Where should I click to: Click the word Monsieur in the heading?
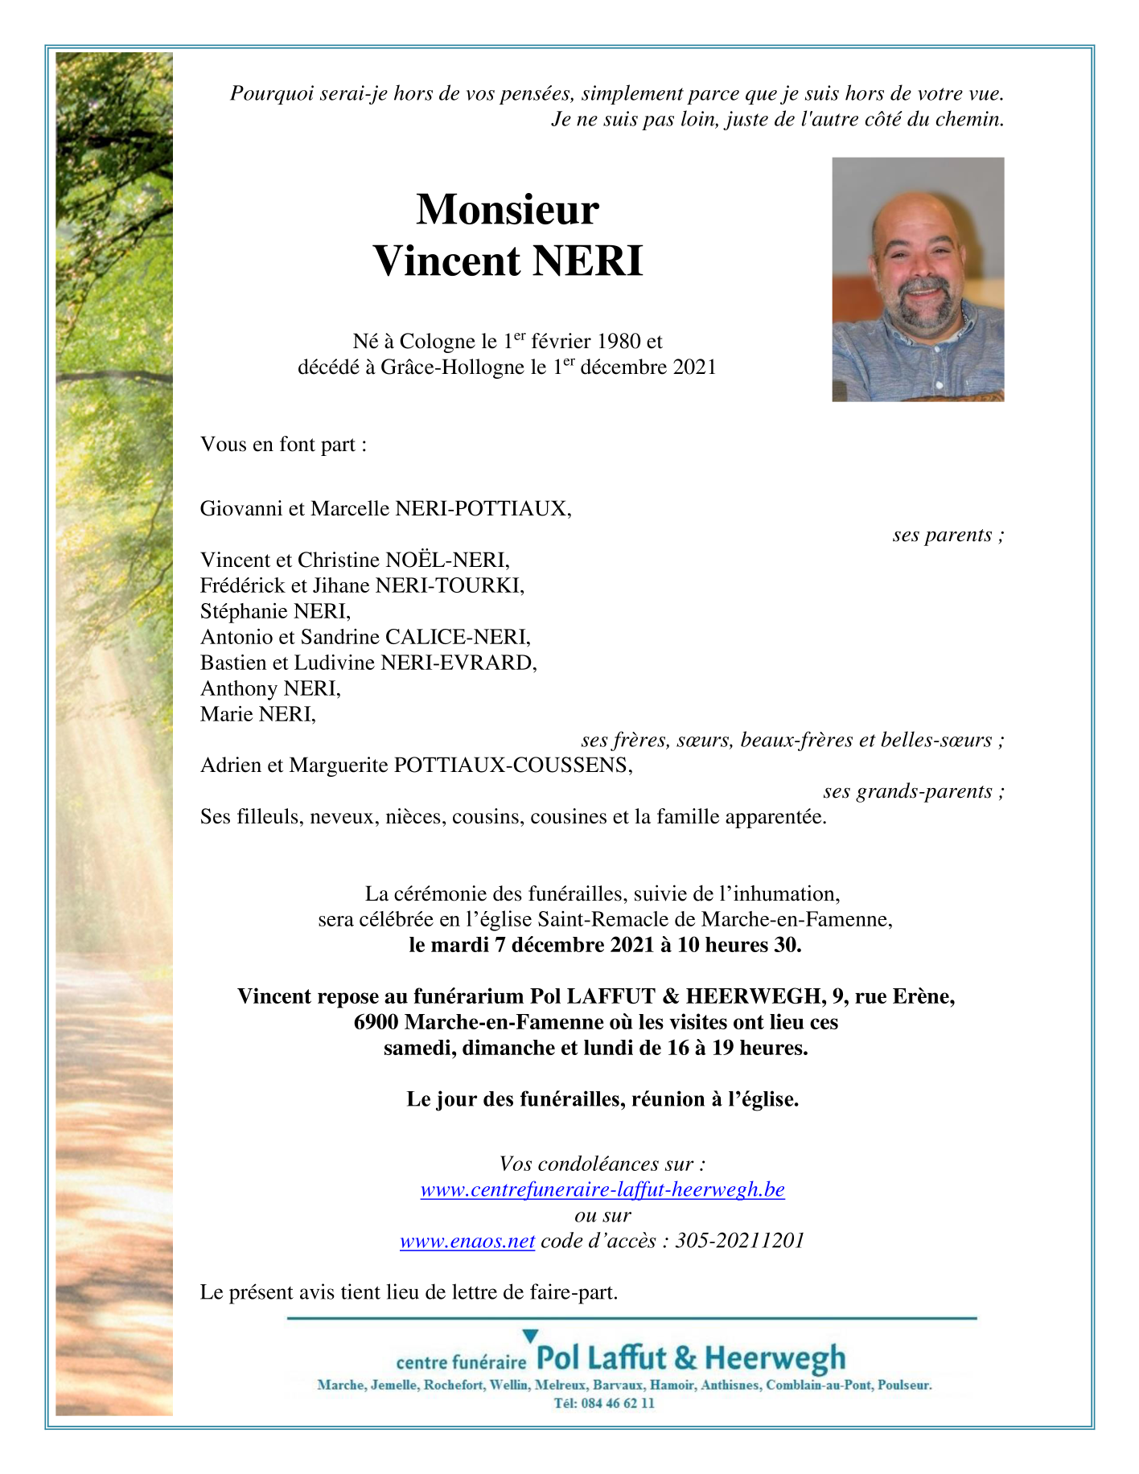coord(507,209)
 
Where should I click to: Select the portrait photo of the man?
coord(917,279)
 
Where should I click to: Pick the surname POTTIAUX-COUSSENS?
coord(512,766)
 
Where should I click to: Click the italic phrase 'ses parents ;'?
coord(948,535)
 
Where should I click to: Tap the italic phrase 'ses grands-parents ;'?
coord(913,791)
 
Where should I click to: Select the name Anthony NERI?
coord(270,688)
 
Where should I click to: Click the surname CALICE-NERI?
coord(457,637)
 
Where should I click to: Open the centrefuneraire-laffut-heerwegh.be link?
coord(602,1189)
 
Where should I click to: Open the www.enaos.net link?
coord(467,1241)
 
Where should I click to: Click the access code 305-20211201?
coord(739,1241)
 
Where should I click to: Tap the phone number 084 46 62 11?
coord(615,1403)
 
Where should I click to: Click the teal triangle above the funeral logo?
coord(529,1336)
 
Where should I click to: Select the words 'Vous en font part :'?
coord(283,445)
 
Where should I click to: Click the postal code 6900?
coord(376,1022)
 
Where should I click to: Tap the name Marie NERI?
coord(257,714)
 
